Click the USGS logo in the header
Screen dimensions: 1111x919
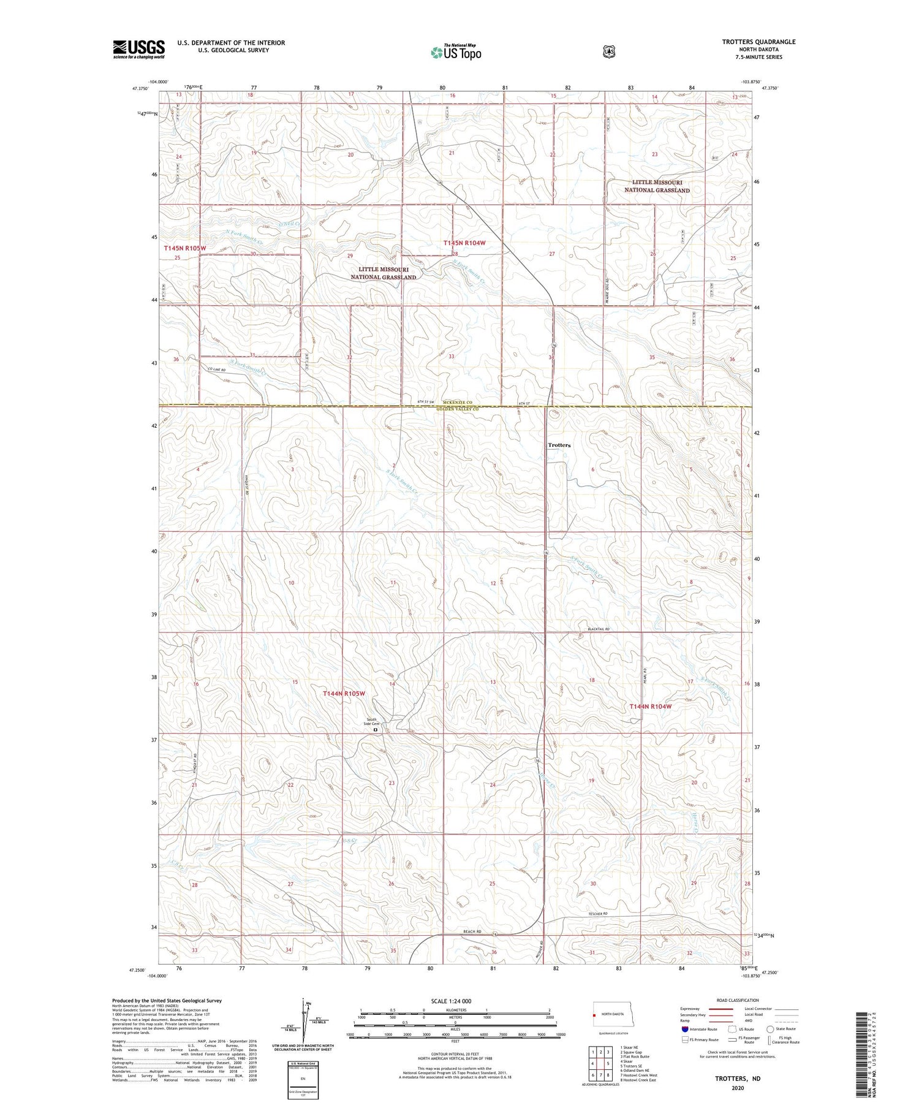click(x=138, y=49)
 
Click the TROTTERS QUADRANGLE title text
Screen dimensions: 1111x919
click(x=758, y=42)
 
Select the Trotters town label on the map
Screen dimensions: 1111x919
click(x=559, y=445)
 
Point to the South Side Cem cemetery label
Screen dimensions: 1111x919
click(x=373, y=722)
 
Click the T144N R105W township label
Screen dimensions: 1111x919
click(x=344, y=693)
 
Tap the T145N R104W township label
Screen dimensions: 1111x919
click(x=464, y=243)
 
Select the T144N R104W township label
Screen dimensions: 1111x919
click(x=651, y=707)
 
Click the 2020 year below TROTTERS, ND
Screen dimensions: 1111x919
click(x=737, y=1088)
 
